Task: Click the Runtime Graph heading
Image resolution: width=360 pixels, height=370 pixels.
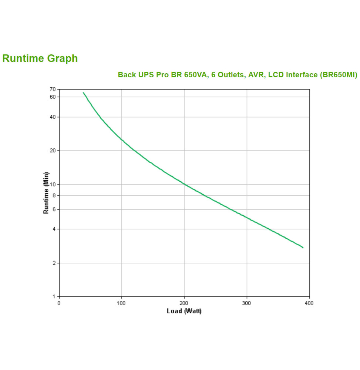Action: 40,58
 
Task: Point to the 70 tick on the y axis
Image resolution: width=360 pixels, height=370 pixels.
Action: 52,89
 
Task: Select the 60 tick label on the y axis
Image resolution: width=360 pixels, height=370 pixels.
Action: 52,97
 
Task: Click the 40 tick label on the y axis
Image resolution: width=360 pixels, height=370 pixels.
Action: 52,117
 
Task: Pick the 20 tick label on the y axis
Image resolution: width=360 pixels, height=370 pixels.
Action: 52,151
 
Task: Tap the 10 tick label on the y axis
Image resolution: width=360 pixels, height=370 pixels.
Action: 52,184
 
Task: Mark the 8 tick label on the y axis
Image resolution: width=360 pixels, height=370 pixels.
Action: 54,195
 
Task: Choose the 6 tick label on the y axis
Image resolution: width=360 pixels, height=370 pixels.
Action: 54,209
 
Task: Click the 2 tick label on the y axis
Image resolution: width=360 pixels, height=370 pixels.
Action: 54,263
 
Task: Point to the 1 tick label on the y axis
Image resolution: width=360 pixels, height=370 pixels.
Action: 54,296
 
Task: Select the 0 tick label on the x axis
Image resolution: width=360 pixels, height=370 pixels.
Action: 59,303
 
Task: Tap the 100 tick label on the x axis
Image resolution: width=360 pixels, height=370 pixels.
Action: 121,303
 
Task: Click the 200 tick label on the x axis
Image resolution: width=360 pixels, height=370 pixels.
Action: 184,303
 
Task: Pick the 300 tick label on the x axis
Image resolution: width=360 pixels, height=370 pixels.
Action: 246,303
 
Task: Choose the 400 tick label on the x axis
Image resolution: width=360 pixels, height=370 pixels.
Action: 309,303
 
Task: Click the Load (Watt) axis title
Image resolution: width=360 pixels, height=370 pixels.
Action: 184,311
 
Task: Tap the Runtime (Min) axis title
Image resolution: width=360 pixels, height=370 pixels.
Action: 46,193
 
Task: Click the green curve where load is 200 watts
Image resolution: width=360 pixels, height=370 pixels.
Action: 184,184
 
